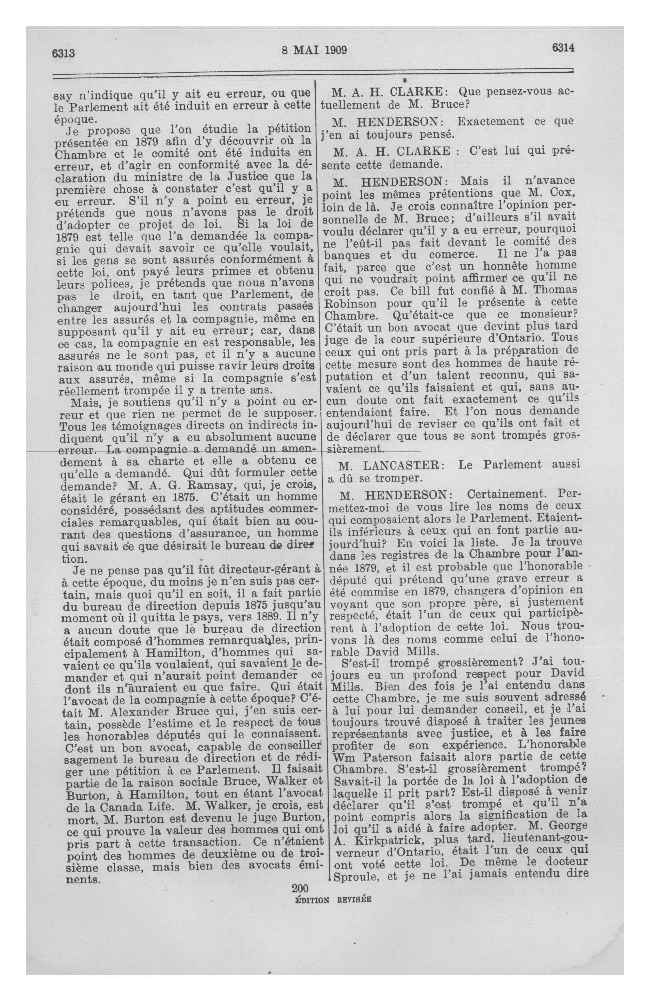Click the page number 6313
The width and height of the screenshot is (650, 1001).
click(64, 53)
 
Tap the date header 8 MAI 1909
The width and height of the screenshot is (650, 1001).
click(314, 51)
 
